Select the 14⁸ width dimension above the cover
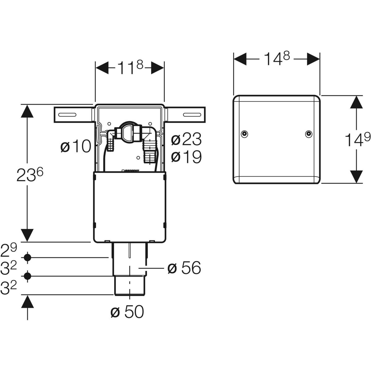tap(276, 58)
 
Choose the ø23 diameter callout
tap(186, 140)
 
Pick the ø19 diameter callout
tap(186, 157)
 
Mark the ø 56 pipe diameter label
tap(184, 268)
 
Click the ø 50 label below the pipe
tap(127, 312)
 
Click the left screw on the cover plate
tap(244, 134)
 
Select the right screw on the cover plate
tap(308, 134)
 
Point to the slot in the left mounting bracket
tap(66, 115)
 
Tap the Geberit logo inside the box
tap(131, 170)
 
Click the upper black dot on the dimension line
tap(28, 257)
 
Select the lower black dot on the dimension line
tap(28, 276)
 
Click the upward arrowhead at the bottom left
tap(28, 301)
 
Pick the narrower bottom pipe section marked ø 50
tap(130, 286)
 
